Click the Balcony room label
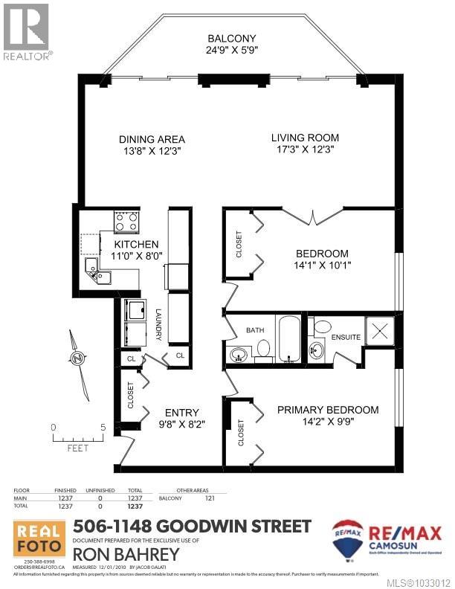(233, 39)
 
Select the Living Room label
(305, 138)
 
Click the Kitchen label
(136, 245)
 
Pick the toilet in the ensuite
(322, 326)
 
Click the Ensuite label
(346, 338)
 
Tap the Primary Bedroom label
(328, 410)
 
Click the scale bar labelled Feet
(77, 438)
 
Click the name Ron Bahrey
(126, 555)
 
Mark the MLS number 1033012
(421, 582)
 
